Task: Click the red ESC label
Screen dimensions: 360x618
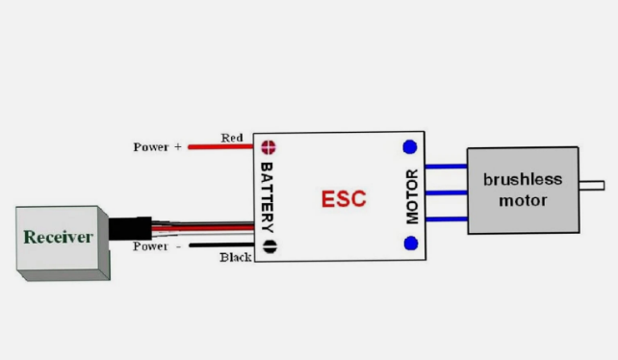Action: tap(343, 199)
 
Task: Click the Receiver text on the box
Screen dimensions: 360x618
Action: tap(58, 237)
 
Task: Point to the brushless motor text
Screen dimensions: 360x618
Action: tap(516, 190)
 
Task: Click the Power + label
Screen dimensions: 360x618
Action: tap(158, 147)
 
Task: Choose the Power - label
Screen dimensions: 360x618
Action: tap(158, 245)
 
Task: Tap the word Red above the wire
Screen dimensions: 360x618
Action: tap(232, 138)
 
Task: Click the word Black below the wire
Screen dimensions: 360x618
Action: tap(235, 257)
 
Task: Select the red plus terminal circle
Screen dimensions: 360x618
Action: tap(270, 147)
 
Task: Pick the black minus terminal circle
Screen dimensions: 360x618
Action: tap(270, 245)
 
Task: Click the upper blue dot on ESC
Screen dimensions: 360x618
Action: tap(410, 147)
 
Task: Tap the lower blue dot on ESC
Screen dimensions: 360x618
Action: tap(410, 244)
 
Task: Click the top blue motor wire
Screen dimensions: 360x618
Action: tap(446, 166)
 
